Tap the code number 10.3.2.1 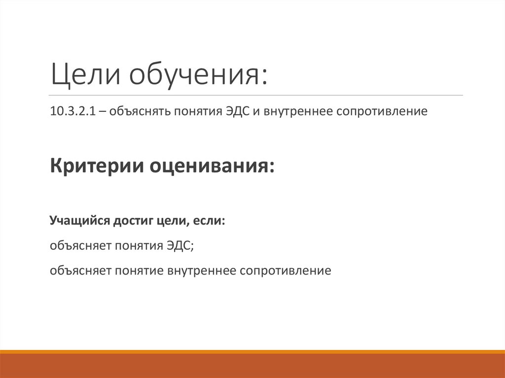tap(70, 111)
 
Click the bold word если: tap(209, 221)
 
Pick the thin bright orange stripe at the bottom tap(252, 351)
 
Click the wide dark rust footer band tap(252, 366)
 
